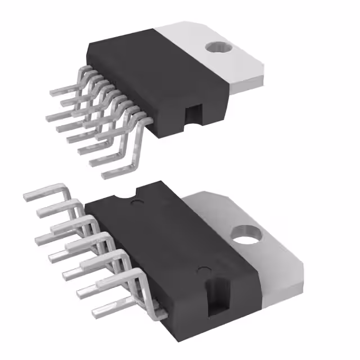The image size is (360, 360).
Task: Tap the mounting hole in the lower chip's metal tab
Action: click(x=246, y=235)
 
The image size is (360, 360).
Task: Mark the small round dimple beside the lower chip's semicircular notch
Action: click(x=134, y=201)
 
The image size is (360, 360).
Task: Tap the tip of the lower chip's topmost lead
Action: click(x=26, y=197)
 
